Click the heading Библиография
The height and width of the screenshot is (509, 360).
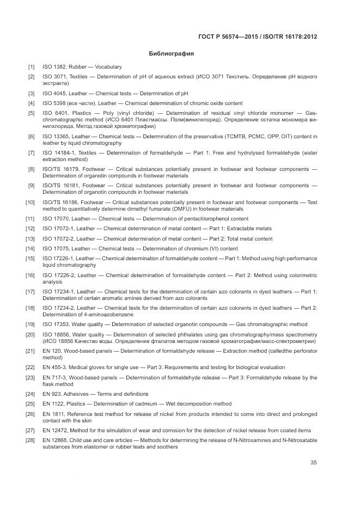click(172, 54)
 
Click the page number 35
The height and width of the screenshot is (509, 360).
click(313, 463)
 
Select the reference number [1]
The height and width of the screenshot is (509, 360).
click(32, 67)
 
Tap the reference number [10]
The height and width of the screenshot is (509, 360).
click(30, 203)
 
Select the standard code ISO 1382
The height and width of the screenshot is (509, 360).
click(54, 67)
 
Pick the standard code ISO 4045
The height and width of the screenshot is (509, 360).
click(54, 94)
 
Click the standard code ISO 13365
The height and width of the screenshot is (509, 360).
click(56, 136)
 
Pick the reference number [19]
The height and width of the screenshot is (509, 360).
click(30, 324)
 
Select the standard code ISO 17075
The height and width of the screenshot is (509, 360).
click(56, 249)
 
